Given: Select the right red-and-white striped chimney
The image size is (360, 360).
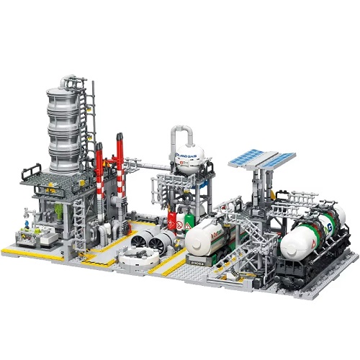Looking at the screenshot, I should pyautogui.click(x=120, y=162).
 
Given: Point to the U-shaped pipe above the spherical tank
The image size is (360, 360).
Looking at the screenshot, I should pyautogui.click(x=183, y=133).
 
